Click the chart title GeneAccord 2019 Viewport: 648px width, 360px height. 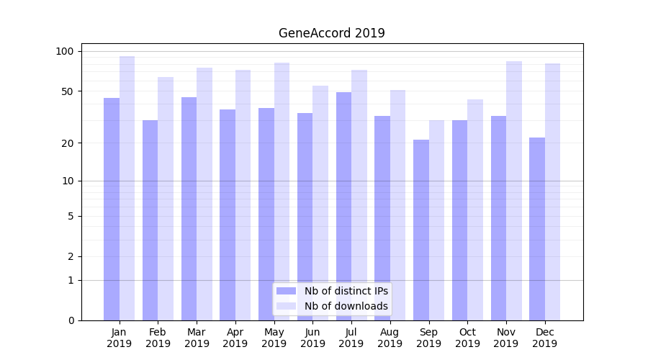331,33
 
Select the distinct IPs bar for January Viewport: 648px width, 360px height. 112,209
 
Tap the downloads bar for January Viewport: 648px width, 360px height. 127,188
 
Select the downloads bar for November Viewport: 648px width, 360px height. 514,191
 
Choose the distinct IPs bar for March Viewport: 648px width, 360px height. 189,209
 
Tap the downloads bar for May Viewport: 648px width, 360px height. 282,192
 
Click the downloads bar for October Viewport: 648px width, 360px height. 475,210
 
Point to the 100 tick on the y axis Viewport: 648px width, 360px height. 65,51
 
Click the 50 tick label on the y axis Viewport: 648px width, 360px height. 67,91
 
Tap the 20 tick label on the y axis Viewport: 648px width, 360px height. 67,143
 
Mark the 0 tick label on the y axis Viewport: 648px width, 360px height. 71,320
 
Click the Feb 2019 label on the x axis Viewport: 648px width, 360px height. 158,338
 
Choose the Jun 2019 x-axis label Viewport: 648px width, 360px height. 312,338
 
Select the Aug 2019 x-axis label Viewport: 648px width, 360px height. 390,338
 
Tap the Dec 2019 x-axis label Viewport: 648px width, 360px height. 545,338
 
